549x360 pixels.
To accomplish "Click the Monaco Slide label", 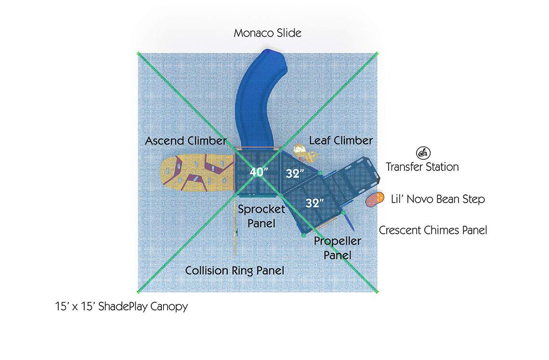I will click(267, 33).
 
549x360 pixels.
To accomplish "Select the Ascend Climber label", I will click(186, 141).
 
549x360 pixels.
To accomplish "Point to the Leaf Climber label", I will click(340, 141).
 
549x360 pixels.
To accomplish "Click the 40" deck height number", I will click(259, 172).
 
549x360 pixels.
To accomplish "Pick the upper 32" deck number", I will click(295, 174).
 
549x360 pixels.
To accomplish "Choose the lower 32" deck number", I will click(314, 203).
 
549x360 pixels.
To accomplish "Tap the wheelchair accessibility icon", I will click(422, 153).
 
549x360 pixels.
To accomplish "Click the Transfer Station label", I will click(422, 167).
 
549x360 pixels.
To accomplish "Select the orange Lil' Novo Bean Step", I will click(374, 199).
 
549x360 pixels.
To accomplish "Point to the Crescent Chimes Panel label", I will click(432, 230).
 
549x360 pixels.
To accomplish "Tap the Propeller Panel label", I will click(337, 247).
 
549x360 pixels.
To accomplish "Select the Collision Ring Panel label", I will click(235, 270).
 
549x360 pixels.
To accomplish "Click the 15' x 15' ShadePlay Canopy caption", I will click(121, 306).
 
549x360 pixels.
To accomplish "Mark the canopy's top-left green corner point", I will click(138, 53).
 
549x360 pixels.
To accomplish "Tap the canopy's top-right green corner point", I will click(377, 53).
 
